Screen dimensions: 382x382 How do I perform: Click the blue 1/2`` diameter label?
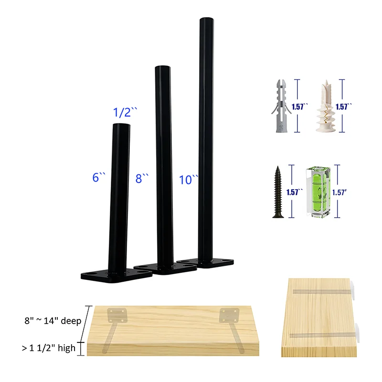[125, 112]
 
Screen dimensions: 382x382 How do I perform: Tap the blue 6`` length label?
[99, 177]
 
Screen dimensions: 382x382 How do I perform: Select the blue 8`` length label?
[142, 178]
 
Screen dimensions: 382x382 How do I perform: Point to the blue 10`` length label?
[189, 180]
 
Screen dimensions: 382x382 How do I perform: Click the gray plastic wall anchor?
[281, 106]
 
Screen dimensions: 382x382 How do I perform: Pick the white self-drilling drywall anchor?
[326, 106]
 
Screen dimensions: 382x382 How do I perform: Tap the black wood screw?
[278, 192]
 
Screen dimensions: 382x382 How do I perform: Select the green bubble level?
[318, 192]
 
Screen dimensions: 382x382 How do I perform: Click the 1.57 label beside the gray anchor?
[300, 106]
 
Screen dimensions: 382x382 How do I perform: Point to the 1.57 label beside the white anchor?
[343, 106]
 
